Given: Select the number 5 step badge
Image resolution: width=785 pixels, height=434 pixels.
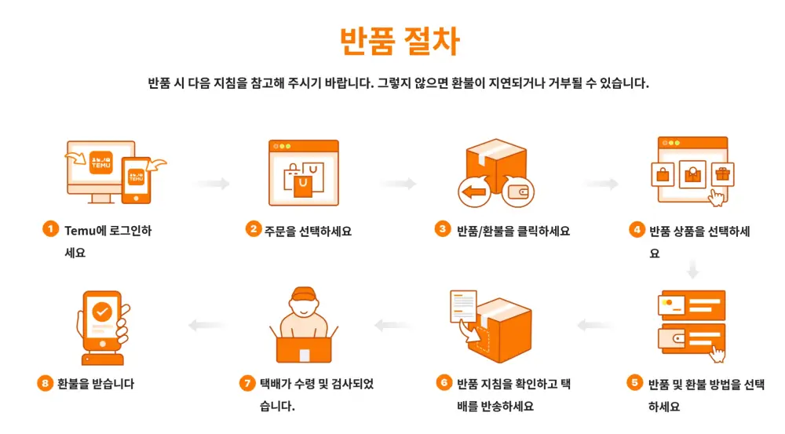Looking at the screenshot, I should pos(634,383).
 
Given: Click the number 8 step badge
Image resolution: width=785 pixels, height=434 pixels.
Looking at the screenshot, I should pos(45,384).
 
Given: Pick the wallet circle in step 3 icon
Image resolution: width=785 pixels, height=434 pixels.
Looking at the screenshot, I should pos(517,191).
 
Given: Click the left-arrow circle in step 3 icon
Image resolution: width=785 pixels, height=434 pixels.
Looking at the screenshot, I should pos(474,191).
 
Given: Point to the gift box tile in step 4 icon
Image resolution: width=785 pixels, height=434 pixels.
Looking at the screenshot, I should pos(719,173).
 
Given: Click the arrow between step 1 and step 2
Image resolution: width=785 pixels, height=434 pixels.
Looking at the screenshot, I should pos(211,184).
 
